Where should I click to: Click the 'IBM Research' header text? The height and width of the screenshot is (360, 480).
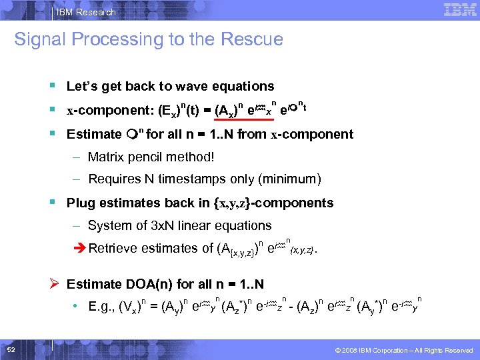[87, 12]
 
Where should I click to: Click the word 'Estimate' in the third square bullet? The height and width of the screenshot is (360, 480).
[94, 135]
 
